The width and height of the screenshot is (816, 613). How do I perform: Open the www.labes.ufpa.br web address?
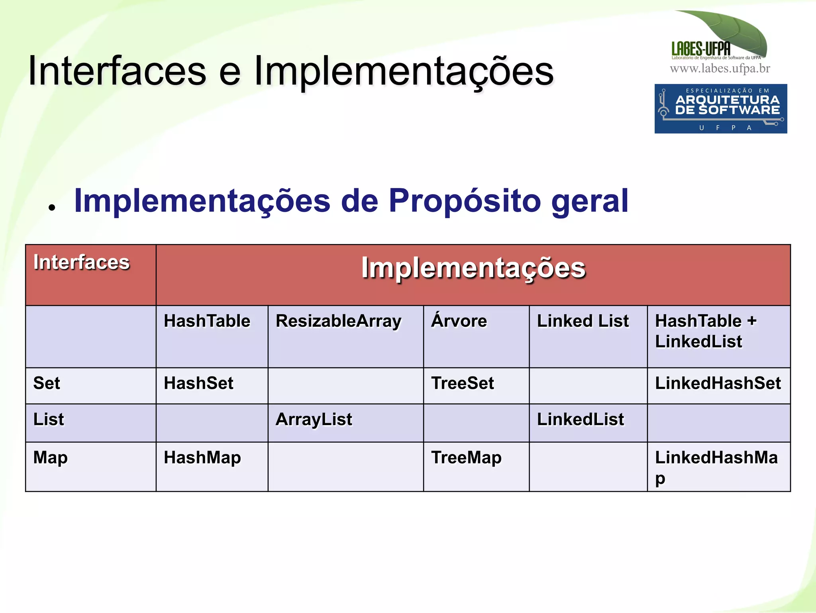pyautogui.click(x=720, y=69)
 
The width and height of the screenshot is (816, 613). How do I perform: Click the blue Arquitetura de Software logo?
pyautogui.click(x=721, y=108)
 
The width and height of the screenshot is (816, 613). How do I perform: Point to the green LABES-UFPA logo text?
pyautogui.click(x=701, y=49)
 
